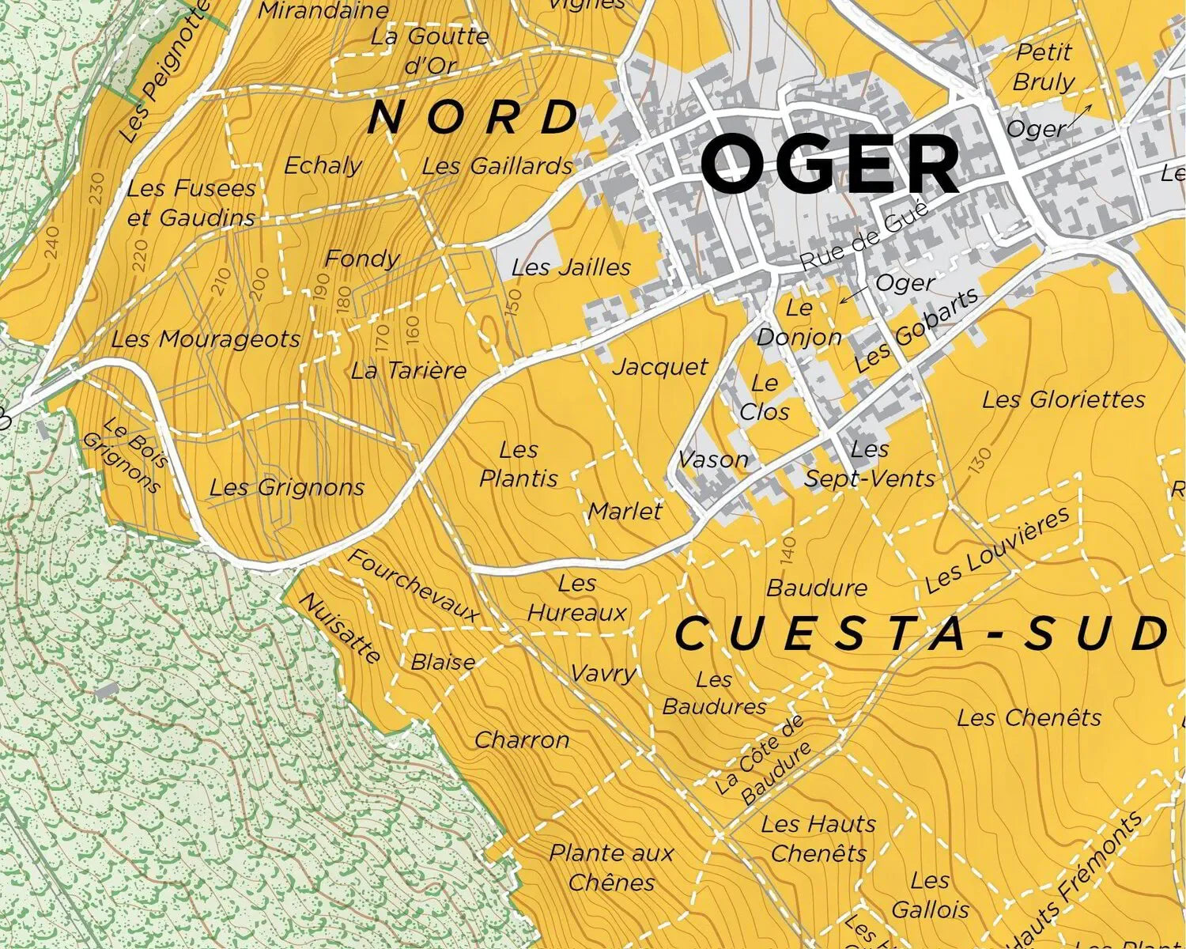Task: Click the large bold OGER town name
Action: [830, 164]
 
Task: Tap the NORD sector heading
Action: [473, 118]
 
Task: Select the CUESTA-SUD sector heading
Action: [922, 634]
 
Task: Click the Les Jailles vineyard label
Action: [571, 267]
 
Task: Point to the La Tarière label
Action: [409, 370]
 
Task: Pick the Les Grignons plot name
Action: [287, 487]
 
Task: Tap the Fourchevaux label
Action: [413, 585]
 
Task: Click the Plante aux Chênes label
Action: [611, 868]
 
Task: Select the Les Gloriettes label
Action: [1063, 399]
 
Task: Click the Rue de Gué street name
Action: [864, 236]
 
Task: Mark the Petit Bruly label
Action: [1044, 67]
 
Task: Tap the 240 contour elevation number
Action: [52, 243]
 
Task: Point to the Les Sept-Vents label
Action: [870, 463]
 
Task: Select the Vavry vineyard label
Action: [603, 673]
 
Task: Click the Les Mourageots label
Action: [206, 339]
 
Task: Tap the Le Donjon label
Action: [799, 323]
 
